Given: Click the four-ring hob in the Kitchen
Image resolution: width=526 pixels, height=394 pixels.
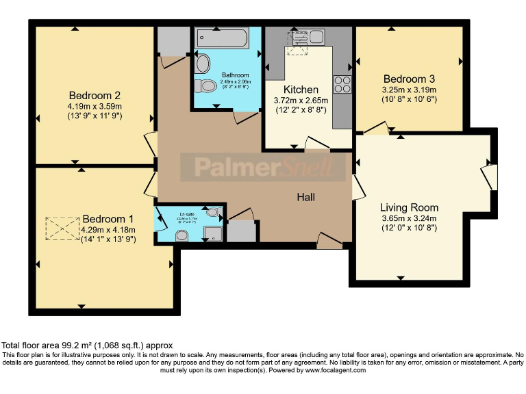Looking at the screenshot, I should pyautogui.click(x=342, y=84).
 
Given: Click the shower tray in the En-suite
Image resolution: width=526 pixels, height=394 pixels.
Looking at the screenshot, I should pyautogui.click(x=214, y=233).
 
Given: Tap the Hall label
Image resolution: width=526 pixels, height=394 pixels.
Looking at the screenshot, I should pyautogui.click(x=305, y=197).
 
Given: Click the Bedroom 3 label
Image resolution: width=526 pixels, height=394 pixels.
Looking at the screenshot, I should pyautogui.click(x=409, y=78).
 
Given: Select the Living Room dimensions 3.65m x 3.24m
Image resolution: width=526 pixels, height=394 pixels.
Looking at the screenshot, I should pyautogui.click(x=409, y=219).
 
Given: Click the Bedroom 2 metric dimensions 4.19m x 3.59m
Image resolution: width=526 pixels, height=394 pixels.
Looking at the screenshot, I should pyautogui.click(x=95, y=107).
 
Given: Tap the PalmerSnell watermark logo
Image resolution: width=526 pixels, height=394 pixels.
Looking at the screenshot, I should pyautogui.click(x=263, y=167).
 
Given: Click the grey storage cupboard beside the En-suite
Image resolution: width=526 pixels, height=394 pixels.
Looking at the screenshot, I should pyautogui.click(x=240, y=231).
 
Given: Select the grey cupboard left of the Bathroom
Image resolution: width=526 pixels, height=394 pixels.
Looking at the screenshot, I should pyautogui.click(x=171, y=42).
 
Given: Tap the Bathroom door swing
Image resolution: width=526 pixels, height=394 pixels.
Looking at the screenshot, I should pyautogui.click(x=244, y=117).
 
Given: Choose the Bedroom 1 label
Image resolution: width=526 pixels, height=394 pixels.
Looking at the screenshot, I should pyautogui.click(x=107, y=219).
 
